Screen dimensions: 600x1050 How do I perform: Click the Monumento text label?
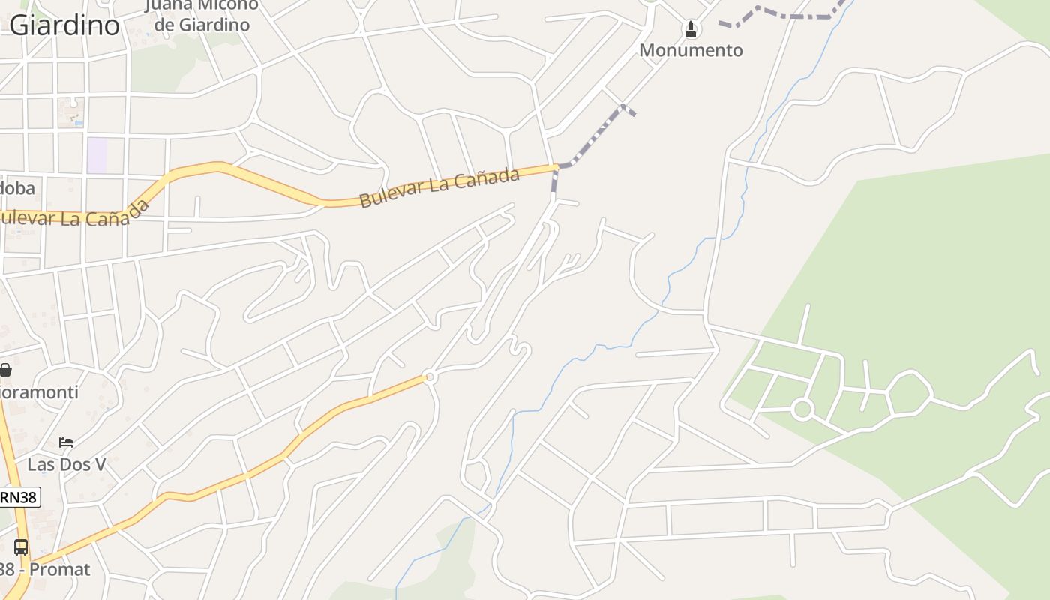point(691,50)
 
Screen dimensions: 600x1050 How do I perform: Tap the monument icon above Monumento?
point(691,29)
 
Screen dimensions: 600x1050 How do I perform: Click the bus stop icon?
point(21,547)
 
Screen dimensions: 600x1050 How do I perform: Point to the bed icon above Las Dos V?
point(66,442)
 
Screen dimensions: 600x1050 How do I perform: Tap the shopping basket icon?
point(5,369)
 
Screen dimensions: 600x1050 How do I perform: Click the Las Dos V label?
point(67,464)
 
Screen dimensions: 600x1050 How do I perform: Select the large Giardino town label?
point(64,25)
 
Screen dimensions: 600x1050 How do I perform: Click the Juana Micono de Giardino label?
point(201,15)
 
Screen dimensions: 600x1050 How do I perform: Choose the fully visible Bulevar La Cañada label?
point(439,187)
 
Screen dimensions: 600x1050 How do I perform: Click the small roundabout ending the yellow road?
point(430,376)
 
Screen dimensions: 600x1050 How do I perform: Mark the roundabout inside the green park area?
point(802,409)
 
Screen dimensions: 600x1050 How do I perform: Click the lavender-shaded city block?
point(97,155)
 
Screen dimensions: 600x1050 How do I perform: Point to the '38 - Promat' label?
point(45,569)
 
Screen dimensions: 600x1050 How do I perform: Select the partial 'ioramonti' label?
point(39,392)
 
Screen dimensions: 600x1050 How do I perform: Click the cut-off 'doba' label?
point(17,187)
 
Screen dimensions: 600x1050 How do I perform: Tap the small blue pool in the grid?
point(78,121)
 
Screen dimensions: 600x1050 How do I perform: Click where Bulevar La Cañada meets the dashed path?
point(556,166)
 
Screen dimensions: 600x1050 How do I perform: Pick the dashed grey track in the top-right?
point(780,14)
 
